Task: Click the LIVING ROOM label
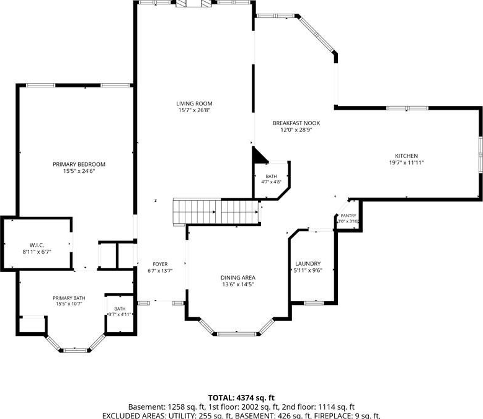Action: [194, 104]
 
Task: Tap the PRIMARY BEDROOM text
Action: [79, 164]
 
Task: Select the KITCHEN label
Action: [406, 156]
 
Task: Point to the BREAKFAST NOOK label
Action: [296, 123]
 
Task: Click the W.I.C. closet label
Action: [37, 245]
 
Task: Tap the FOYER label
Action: [160, 264]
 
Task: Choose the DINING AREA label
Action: [238, 278]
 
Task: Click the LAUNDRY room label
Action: [308, 263]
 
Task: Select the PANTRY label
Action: [348, 216]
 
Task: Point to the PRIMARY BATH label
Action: [69, 298]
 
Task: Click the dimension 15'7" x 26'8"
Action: [194, 110]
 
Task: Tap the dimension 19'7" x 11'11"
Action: [407, 163]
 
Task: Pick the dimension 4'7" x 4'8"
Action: [271, 182]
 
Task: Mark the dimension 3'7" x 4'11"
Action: [120, 314]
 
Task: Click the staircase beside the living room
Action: [216, 211]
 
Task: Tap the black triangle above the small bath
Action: [259, 154]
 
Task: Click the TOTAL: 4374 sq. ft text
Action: [241, 398]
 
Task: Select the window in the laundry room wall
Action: [314, 303]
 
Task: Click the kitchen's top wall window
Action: [407, 108]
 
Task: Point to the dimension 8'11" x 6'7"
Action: [37, 252]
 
